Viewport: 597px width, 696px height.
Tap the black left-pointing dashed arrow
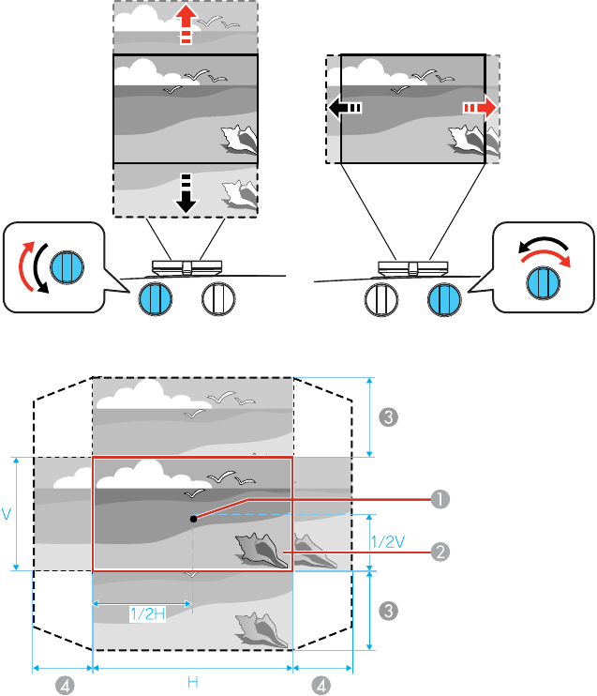tap(344, 109)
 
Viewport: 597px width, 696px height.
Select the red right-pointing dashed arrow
tap(479, 109)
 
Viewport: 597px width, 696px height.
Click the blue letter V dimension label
tap(7, 515)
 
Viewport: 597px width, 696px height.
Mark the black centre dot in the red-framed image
tap(192, 518)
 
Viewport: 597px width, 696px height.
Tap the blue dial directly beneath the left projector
tap(154, 299)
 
